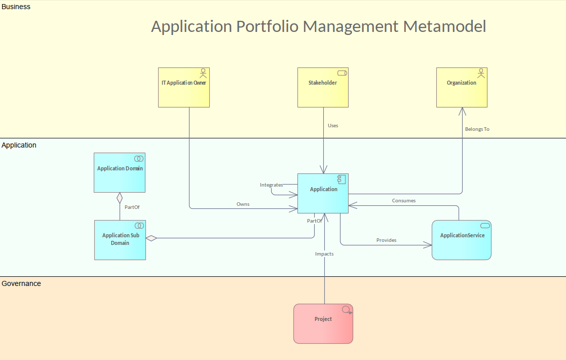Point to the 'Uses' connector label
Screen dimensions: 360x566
pyautogui.click(x=333, y=125)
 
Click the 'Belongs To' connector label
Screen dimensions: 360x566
pyautogui.click(x=477, y=129)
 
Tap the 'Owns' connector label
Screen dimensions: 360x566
pyautogui.click(x=243, y=204)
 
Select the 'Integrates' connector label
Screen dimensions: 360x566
pyautogui.click(x=271, y=185)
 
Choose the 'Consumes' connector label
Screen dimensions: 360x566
pyautogui.click(x=404, y=201)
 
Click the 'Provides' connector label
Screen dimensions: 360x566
pyautogui.click(x=386, y=240)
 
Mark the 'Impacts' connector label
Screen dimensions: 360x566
pyautogui.click(x=324, y=254)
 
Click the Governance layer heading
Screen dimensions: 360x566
pyautogui.click(x=21, y=283)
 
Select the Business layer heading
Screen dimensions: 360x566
pyautogui.click(x=16, y=7)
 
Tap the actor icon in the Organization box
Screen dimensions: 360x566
pyautogui.click(x=481, y=73)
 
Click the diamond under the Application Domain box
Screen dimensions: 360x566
pyautogui.click(x=120, y=197)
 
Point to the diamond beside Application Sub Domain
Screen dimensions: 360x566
pyautogui.click(x=151, y=238)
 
